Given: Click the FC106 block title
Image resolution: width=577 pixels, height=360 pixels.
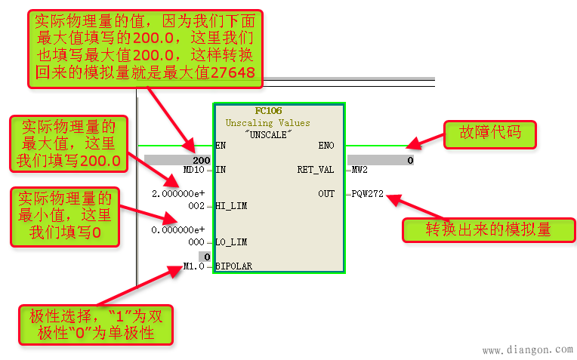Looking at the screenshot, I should pyautogui.click(x=279, y=111).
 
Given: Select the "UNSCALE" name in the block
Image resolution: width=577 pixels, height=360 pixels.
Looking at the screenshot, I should pyautogui.click(x=279, y=133).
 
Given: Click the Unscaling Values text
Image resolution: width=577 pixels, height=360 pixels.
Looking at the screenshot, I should pyautogui.click(x=278, y=122).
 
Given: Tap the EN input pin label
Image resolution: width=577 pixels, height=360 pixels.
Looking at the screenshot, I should pyautogui.click(x=221, y=145).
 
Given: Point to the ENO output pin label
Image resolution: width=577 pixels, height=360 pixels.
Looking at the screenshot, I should pyautogui.click(x=326, y=145).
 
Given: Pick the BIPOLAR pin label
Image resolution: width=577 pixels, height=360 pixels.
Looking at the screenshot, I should pyautogui.click(x=233, y=266).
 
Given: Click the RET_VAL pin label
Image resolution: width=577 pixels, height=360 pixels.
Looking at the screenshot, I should pyautogui.click(x=316, y=170).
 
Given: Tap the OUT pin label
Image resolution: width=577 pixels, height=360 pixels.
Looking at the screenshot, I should pyautogui.click(x=326, y=194).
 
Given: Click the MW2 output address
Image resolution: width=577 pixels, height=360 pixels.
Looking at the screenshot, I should pyautogui.click(x=359, y=170).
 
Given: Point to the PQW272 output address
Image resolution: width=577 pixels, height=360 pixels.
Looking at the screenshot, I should pyautogui.click(x=368, y=194).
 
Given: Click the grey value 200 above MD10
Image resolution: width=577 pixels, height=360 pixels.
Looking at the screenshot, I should pyautogui.click(x=200, y=160).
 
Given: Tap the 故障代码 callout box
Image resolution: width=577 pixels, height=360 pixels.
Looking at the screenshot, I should pyautogui.click(x=489, y=135).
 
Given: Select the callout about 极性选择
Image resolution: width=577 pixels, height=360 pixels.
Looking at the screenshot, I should pyautogui.click(x=97, y=323).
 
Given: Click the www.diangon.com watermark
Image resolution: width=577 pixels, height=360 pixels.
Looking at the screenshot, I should pyautogui.click(x=527, y=349).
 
